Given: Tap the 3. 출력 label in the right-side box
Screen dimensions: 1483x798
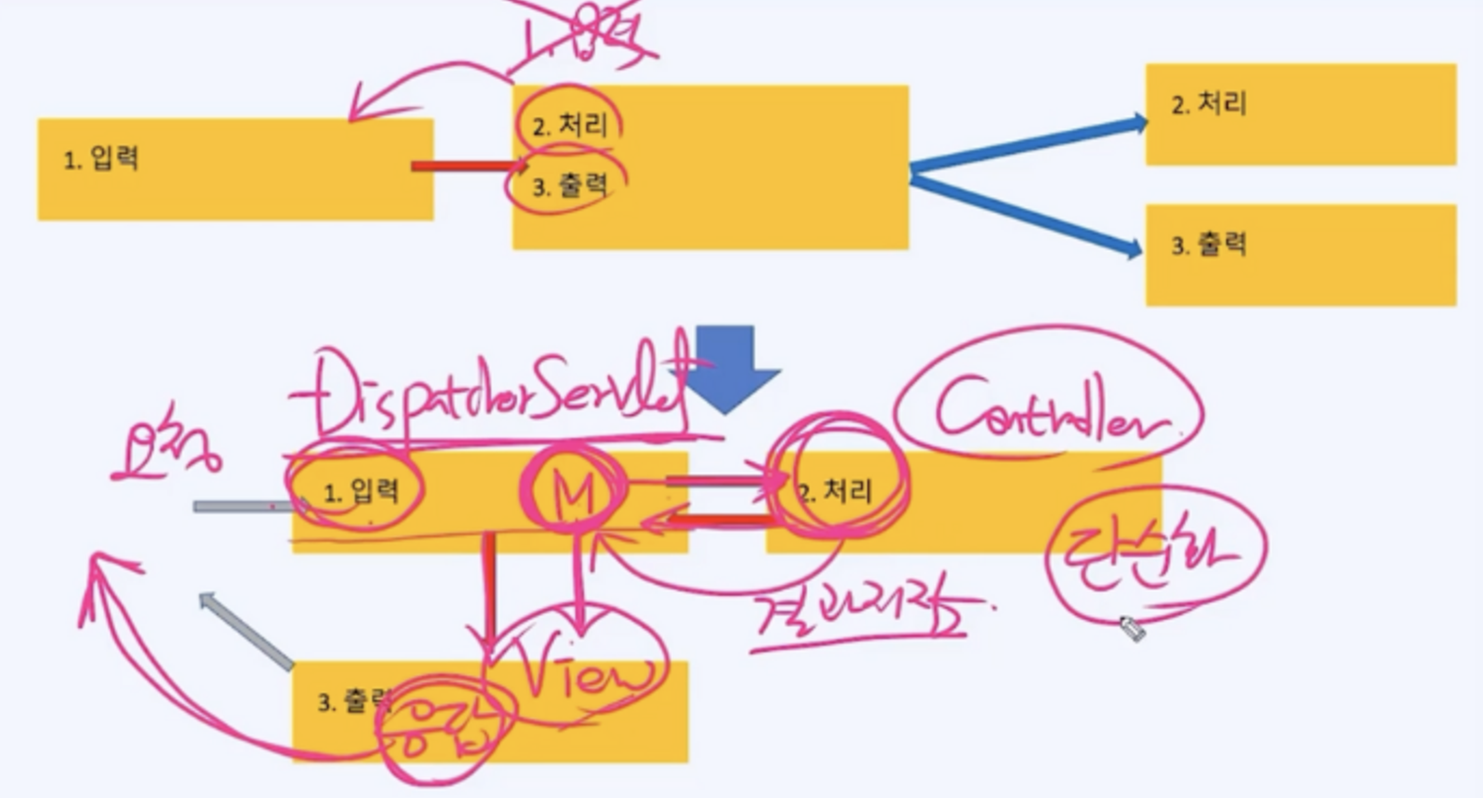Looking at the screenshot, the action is point(1209,245).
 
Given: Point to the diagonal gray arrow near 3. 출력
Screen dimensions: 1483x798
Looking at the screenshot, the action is point(245,630).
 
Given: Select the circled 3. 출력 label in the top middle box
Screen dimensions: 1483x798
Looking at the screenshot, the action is point(570,186).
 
